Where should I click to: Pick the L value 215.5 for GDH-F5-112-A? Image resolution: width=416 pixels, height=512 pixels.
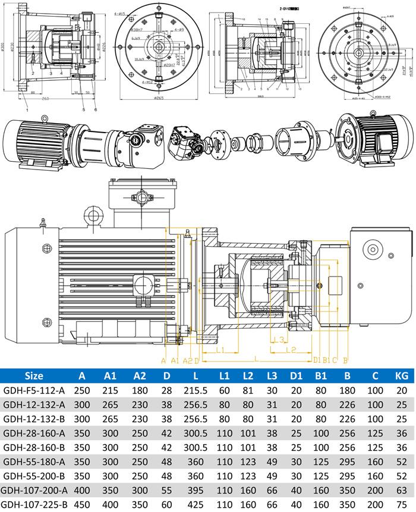[196, 390]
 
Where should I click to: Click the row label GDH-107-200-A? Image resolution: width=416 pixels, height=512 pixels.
[36, 490]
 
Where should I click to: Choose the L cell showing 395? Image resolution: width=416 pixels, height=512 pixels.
[196, 490]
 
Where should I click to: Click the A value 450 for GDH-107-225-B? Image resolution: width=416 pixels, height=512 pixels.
[83, 505]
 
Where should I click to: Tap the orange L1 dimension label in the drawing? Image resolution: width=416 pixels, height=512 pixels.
[219, 350]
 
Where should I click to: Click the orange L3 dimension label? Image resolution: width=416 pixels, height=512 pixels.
[277, 339]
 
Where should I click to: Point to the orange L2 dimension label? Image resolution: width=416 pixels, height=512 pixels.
[291, 350]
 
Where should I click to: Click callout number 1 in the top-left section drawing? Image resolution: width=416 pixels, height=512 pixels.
[27, 109]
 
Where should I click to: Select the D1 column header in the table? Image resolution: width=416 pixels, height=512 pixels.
[297, 375]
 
